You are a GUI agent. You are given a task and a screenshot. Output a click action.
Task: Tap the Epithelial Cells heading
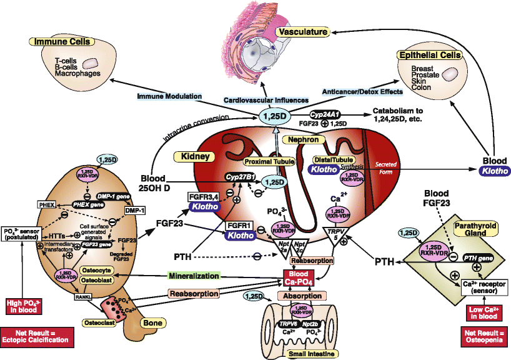pos(429,56)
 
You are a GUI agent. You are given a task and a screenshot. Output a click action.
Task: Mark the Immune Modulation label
pos(170,96)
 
